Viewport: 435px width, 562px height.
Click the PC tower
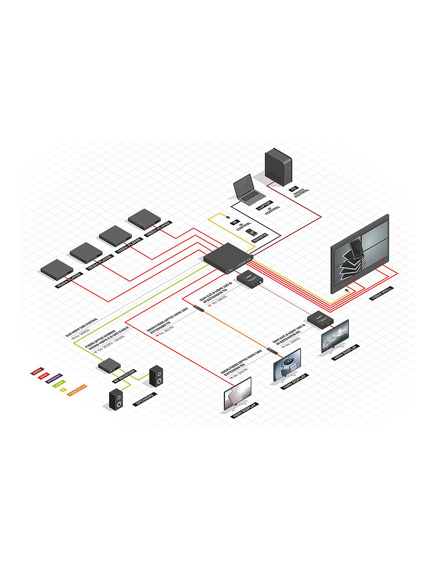tap(278, 166)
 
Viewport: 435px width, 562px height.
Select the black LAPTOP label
tap(265, 206)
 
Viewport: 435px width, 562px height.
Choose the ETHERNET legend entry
tap(54, 379)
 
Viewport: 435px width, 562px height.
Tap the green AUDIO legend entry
tap(59, 383)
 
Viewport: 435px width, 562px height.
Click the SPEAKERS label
tap(145, 399)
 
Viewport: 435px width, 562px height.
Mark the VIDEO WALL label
tap(382, 294)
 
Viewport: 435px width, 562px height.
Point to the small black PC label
tap(293, 189)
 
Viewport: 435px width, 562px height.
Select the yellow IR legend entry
tap(63, 390)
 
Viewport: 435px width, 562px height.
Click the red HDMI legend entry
tap(44, 375)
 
